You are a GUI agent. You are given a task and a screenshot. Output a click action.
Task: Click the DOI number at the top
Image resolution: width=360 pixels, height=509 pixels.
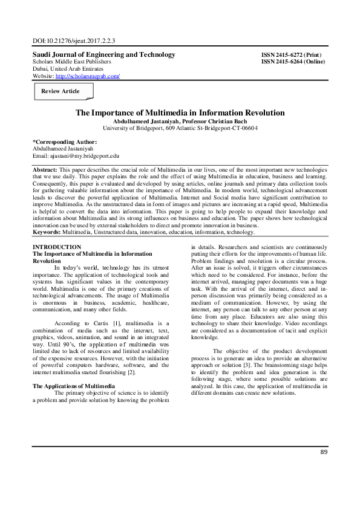pyautogui.click(x=74, y=42)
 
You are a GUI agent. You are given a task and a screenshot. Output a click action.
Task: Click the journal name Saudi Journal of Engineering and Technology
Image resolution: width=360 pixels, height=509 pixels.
pyautogui.click(x=103, y=54)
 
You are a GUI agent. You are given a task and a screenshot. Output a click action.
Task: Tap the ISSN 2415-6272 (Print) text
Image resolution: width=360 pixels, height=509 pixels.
pyautogui.click(x=293, y=55)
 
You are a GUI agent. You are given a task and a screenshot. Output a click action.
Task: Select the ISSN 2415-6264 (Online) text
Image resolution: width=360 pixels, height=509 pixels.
pyautogui.click(x=295, y=62)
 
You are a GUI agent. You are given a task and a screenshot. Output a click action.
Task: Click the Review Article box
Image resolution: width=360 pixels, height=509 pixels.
pyautogui.click(x=61, y=91)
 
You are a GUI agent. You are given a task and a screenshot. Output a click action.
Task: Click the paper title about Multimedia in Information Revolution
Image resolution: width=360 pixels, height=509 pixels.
pyautogui.click(x=180, y=112)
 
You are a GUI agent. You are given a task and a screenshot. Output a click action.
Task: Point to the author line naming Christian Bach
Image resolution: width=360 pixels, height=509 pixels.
pyautogui.click(x=180, y=121)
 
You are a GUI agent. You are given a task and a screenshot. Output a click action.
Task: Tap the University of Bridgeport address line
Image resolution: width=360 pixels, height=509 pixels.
pyautogui.click(x=180, y=128)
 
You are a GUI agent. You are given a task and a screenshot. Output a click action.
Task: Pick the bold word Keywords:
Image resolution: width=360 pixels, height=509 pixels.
pyautogui.click(x=48, y=232)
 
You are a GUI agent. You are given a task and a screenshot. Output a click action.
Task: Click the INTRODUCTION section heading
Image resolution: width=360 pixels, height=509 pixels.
pyautogui.click(x=57, y=247)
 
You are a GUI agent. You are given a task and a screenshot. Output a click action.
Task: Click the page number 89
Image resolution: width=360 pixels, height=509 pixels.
pyautogui.click(x=322, y=468)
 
